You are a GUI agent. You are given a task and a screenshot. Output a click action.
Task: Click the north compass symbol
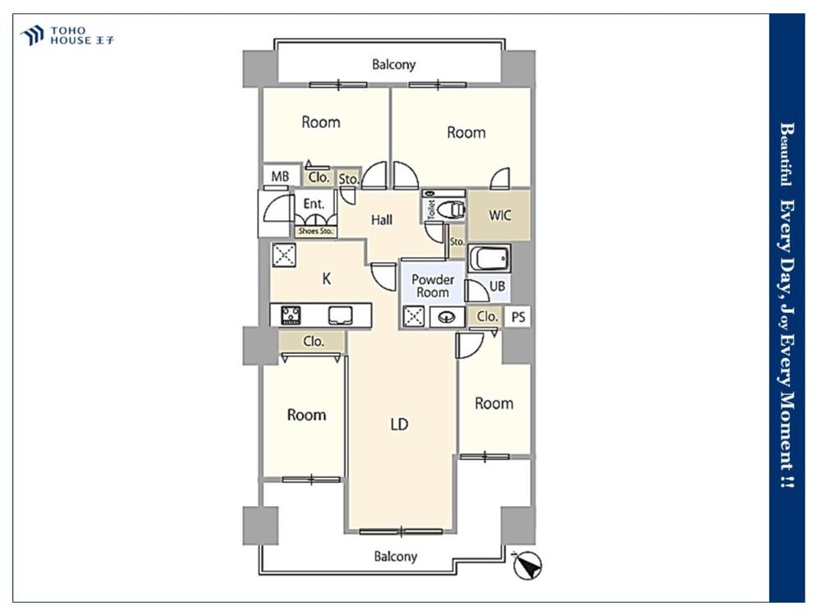click(527, 565)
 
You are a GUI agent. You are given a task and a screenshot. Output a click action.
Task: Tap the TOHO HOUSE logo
click(67, 35)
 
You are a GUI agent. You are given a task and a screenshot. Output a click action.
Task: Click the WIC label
click(499, 215)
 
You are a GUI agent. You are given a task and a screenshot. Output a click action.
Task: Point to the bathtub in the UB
click(489, 258)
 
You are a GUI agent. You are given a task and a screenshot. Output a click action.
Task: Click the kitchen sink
click(341, 315)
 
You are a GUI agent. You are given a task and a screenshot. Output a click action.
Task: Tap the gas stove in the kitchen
click(291, 315)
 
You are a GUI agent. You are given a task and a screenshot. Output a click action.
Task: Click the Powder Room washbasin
click(447, 317)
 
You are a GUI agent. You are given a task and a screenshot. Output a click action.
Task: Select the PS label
click(518, 317)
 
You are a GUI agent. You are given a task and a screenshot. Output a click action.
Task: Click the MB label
click(280, 177)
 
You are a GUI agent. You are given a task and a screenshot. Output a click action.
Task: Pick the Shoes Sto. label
click(315, 231)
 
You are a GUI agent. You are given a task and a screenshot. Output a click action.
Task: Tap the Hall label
click(382, 220)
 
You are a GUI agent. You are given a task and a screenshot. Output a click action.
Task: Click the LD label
click(399, 425)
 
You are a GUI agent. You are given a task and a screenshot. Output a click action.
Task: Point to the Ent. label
click(314, 203)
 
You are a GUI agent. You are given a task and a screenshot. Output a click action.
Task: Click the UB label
click(497, 286)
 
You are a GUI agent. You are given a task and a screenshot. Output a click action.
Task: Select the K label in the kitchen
click(326, 278)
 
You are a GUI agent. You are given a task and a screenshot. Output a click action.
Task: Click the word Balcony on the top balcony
click(394, 65)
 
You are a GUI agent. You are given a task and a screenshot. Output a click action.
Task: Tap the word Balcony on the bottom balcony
click(396, 556)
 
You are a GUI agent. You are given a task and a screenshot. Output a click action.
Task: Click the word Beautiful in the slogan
click(787, 154)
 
